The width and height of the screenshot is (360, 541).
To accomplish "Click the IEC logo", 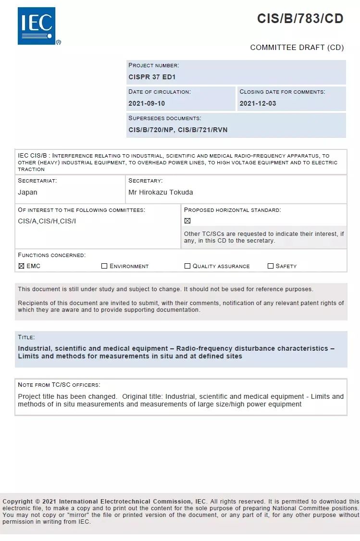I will (x=37, y=26).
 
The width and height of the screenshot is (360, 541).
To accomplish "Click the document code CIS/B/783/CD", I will (x=300, y=19).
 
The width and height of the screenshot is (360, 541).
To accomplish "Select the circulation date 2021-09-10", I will (x=147, y=103).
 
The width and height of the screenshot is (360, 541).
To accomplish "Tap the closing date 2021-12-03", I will (x=258, y=103).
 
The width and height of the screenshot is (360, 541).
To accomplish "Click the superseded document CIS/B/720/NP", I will (x=151, y=130).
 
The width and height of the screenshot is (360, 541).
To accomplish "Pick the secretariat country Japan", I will (x=27, y=192).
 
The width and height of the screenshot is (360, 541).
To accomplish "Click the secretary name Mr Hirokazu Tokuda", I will (x=161, y=192).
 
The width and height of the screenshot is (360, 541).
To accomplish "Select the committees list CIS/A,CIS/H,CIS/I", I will (x=47, y=221).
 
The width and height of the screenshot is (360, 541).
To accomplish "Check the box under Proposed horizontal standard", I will (x=187, y=221).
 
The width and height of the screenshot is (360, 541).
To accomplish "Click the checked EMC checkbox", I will (x=21, y=266).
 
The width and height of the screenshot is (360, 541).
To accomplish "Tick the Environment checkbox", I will (x=104, y=266).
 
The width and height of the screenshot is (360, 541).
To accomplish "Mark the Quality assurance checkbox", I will (x=187, y=266).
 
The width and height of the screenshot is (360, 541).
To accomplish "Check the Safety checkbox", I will (x=271, y=266).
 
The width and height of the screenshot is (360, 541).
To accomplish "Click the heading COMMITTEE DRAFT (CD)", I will (x=297, y=48).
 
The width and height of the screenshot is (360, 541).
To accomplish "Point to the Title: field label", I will (x=26, y=337).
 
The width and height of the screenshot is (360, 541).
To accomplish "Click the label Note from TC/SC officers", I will (x=59, y=385).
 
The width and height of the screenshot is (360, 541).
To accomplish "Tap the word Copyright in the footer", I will (x=18, y=501).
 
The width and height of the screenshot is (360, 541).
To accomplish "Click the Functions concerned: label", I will (x=51, y=255).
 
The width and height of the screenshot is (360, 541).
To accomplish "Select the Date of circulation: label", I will (x=159, y=91).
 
